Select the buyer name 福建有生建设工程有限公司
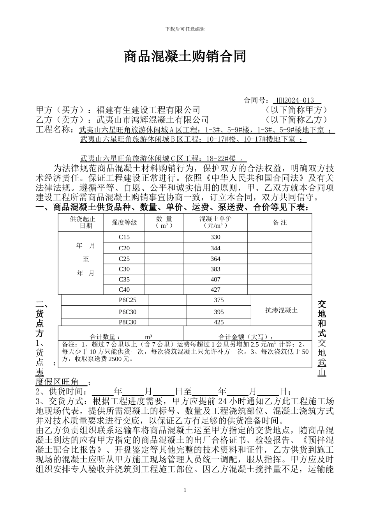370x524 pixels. pyautogui.click(x=148, y=110)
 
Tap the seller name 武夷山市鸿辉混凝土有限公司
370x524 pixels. pyautogui.click(x=152, y=120)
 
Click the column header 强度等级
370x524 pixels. pyautogui.click(x=124, y=222)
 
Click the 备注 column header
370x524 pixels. pyautogui.click(x=280, y=222)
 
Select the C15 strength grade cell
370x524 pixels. pyautogui.click(x=124, y=237)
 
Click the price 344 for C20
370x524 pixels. pyautogui.click(x=215, y=248)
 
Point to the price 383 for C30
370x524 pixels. pyautogui.click(x=215, y=269)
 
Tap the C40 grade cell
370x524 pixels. pyautogui.click(x=124, y=290)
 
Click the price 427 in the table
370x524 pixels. pyautogui.click(x=215, y=290)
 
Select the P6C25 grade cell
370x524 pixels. pyautogui.click(x=128, y=300)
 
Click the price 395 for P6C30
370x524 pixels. pyautogui.click(x=219, y=312)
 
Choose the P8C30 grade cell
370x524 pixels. pyautogui.click(x=128, y=322)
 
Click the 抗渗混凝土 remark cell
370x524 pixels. pyautogui.click(x=281, y=310)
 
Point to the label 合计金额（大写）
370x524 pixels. pyautogui.click(x=246, y=337)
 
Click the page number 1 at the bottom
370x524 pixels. pyautogui.click(x=185, y=490)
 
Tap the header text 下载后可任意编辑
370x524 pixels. pyautogui.click(x=185, y=29)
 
